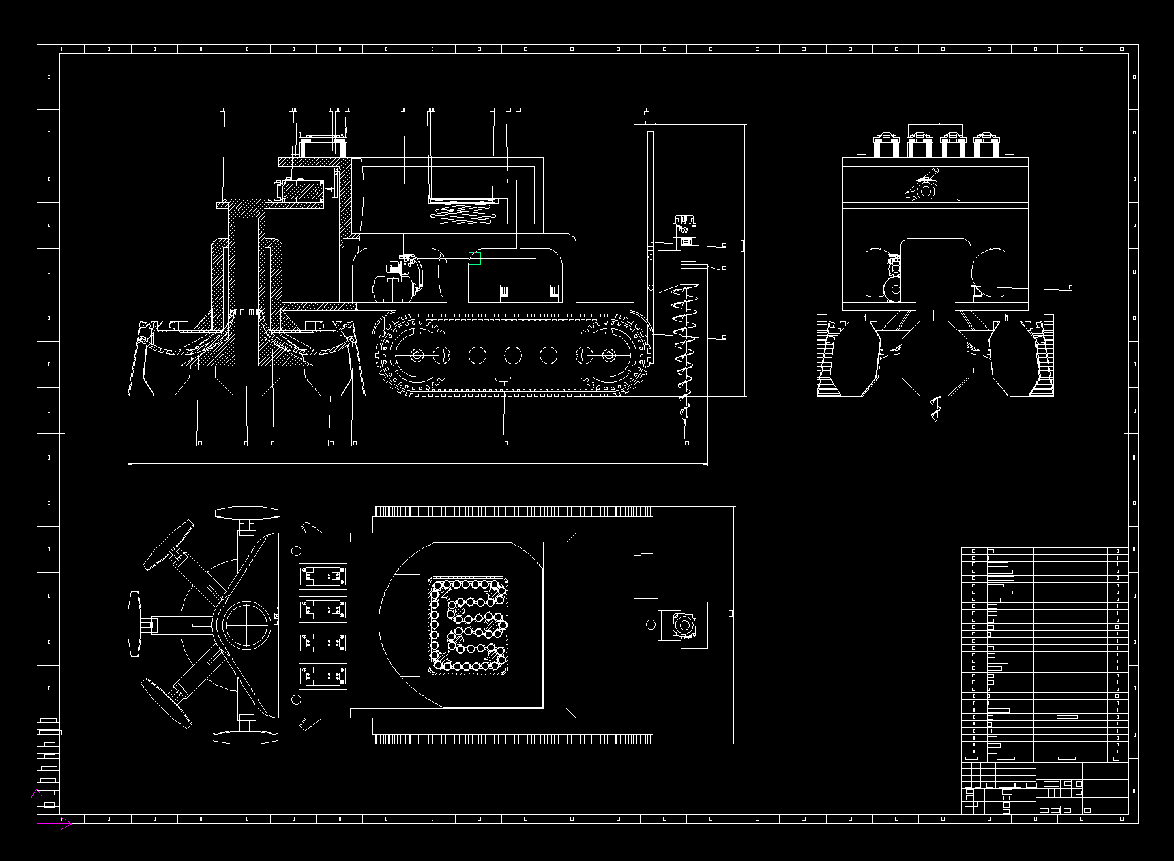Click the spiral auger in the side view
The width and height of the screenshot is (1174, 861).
(x=684, y=345)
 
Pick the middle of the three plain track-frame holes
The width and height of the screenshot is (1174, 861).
(x=512, y=355)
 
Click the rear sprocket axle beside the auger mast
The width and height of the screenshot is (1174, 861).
(x=609, y=355)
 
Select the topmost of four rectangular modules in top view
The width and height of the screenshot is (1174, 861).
(x=323, y=577)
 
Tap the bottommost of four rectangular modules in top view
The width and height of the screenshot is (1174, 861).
(x=323, y=677)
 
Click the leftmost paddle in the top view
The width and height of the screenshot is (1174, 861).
(x=136, y=624)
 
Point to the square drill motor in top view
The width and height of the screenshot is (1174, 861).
(x=683, y=625)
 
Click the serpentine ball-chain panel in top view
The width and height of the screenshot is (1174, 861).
(x=468, y=625)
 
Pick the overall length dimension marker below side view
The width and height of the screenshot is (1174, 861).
(x=433, y=461)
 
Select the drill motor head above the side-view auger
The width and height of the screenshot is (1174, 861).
(x=685, y=235)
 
